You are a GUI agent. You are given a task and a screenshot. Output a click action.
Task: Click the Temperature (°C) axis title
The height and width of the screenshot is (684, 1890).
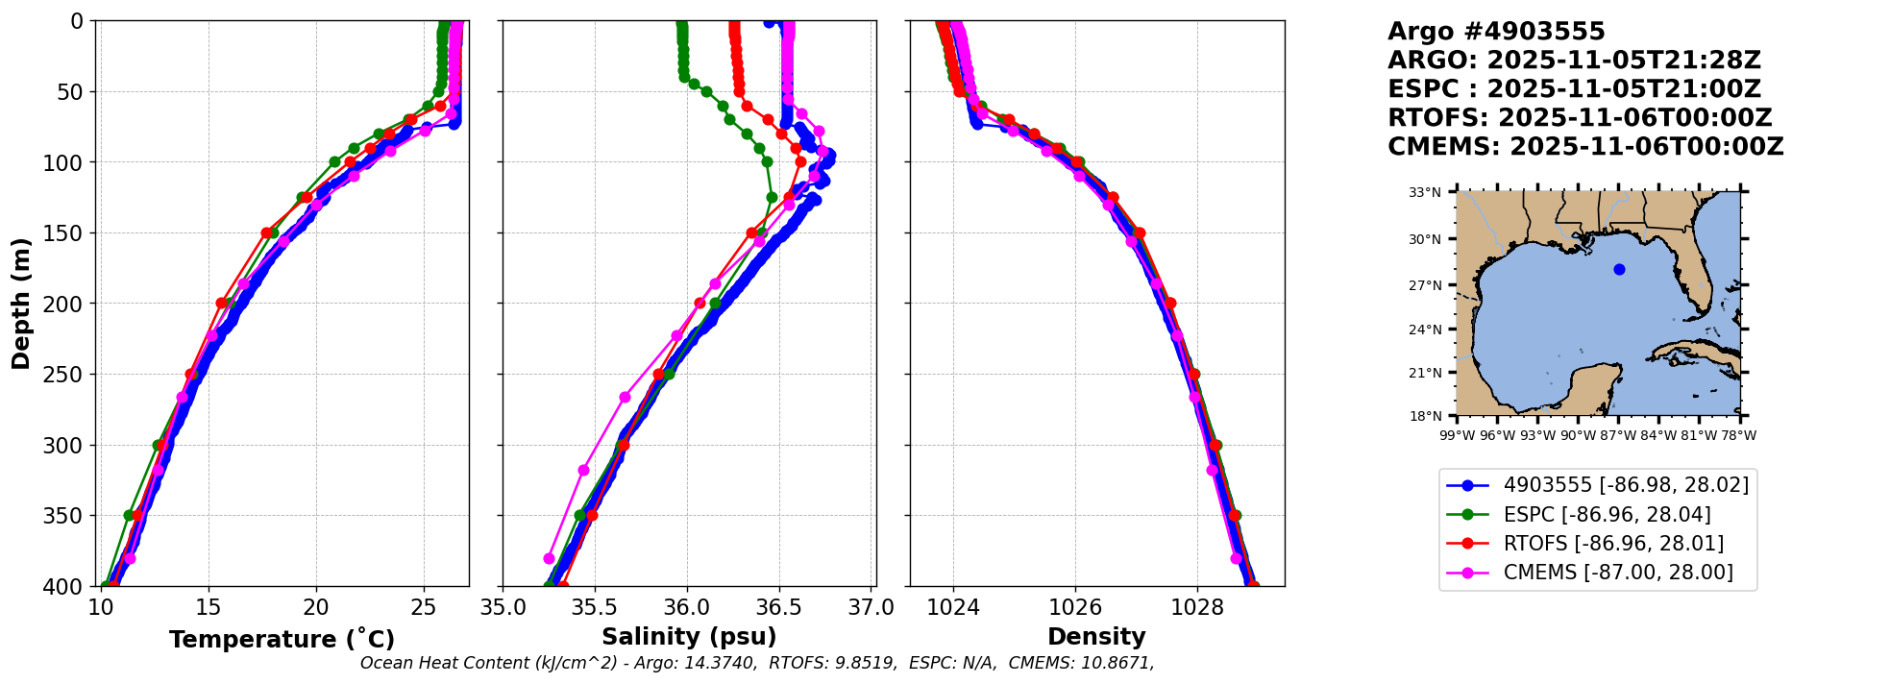[x=282, y=640]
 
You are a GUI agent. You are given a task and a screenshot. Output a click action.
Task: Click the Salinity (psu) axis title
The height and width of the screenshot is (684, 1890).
[x=689, y=637]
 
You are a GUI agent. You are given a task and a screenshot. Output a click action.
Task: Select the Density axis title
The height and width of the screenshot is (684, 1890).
[x=1096, y=637]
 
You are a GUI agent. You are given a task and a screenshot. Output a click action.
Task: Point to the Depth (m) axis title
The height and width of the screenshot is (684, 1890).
[x=21, y=304]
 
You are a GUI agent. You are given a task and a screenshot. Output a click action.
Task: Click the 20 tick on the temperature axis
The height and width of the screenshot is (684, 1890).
[x=316, y=607]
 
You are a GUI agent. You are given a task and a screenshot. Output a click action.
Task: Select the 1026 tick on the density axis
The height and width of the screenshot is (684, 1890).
[x=1075, y=607]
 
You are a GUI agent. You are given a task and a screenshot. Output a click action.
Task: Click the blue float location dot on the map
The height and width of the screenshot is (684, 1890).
[x=1619, y=269]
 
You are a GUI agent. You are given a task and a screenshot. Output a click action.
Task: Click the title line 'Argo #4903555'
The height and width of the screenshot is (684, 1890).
[x=1496, y=32]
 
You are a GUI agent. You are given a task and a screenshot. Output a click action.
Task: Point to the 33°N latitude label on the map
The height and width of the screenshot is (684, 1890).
[x=1425, y=192]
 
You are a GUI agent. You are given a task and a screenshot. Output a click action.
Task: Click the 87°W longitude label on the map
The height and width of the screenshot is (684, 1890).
[x=1618, y=435]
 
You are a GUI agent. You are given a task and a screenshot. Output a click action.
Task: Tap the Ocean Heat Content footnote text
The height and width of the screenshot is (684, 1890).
[x=757, y=663]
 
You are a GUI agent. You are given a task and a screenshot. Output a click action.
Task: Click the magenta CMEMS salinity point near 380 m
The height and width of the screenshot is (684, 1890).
[x=550, y=558]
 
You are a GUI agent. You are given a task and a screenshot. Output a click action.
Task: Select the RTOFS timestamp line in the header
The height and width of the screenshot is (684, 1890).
[x=1580, y=118]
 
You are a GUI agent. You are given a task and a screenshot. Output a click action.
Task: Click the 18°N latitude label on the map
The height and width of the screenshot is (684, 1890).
[x=1425, y=416]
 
